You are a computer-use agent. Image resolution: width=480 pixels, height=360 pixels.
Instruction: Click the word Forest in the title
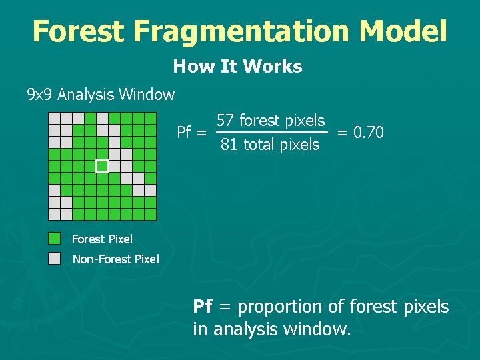click(x=77, y=31)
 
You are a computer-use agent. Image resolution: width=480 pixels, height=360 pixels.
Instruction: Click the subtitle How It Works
click(x=237, y=67)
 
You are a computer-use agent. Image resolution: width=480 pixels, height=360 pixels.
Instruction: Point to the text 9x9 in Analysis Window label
click(x=39, y=95)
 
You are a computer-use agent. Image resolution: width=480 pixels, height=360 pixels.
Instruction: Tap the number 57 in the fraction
click(x=225, y=121)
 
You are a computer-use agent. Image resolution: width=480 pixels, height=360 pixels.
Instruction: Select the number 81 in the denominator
click(x=229, y=145)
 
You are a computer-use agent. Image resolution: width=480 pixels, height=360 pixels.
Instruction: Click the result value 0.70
click(x=369, y=133)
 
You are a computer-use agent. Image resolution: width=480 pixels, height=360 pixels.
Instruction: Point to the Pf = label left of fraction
click(x=191, y=133)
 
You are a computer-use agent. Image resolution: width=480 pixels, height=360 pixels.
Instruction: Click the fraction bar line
click(x=272, y=133)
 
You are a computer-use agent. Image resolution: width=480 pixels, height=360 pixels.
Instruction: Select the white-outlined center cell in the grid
click(x=102, y=166)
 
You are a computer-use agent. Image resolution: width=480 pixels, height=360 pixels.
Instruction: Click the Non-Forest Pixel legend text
click(x=115, y=259)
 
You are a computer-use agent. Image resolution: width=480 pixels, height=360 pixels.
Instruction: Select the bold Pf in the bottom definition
click(x=203, y=307)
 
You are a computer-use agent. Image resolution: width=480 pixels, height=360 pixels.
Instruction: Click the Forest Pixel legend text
click(x=102, y=239)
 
